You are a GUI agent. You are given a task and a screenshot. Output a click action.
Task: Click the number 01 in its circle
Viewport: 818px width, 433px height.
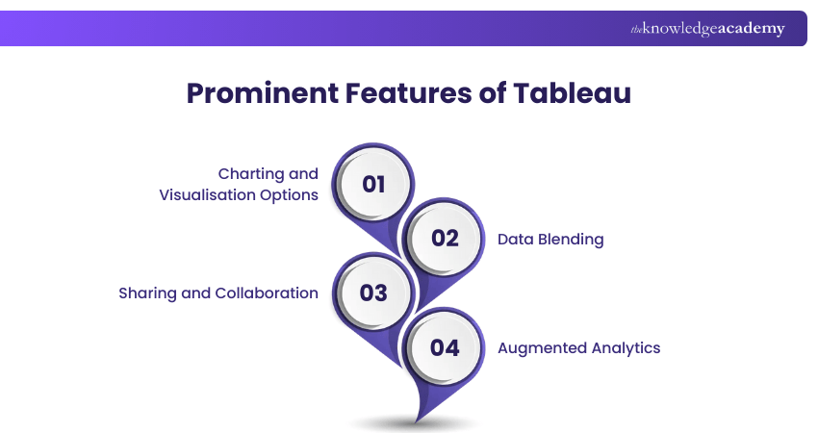pos(373,184)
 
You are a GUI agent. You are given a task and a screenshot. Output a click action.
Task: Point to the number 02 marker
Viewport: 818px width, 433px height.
pos(445,238)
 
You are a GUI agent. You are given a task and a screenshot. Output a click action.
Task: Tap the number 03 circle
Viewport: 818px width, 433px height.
pos(373,293)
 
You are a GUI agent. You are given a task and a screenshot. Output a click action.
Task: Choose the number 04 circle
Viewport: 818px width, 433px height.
pos(445,347)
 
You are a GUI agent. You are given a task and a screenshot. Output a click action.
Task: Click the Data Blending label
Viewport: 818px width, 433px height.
pos(550,240)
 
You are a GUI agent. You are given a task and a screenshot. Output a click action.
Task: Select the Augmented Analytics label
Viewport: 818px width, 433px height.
pos(578,348)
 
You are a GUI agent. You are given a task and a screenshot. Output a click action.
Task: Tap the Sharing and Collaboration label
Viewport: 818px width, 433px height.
pos(218,293)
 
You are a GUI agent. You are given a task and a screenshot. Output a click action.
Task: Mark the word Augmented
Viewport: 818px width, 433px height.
pos(540,348)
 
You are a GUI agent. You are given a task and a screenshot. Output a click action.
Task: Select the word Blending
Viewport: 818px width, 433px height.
pos(571,240)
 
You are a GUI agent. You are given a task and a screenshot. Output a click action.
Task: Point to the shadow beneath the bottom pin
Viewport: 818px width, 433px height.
pos(415,423)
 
